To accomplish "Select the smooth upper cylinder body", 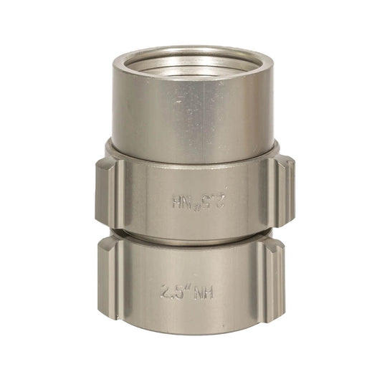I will click(x=192, y=108).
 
